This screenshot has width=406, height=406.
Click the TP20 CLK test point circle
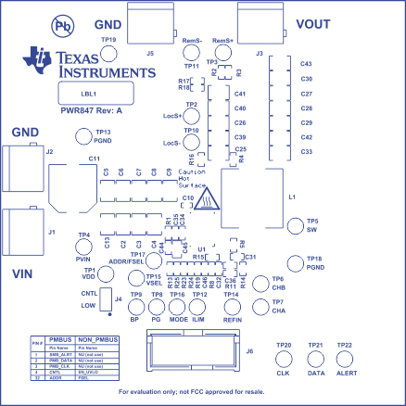285,362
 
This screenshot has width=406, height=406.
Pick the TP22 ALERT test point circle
344,362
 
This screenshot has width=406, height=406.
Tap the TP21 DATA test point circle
315,362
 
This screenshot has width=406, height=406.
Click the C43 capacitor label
306,64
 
